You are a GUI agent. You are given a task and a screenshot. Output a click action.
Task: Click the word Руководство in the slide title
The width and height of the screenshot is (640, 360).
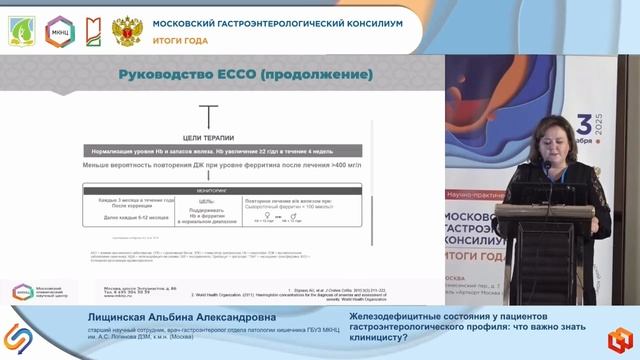[x=168, y=74]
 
